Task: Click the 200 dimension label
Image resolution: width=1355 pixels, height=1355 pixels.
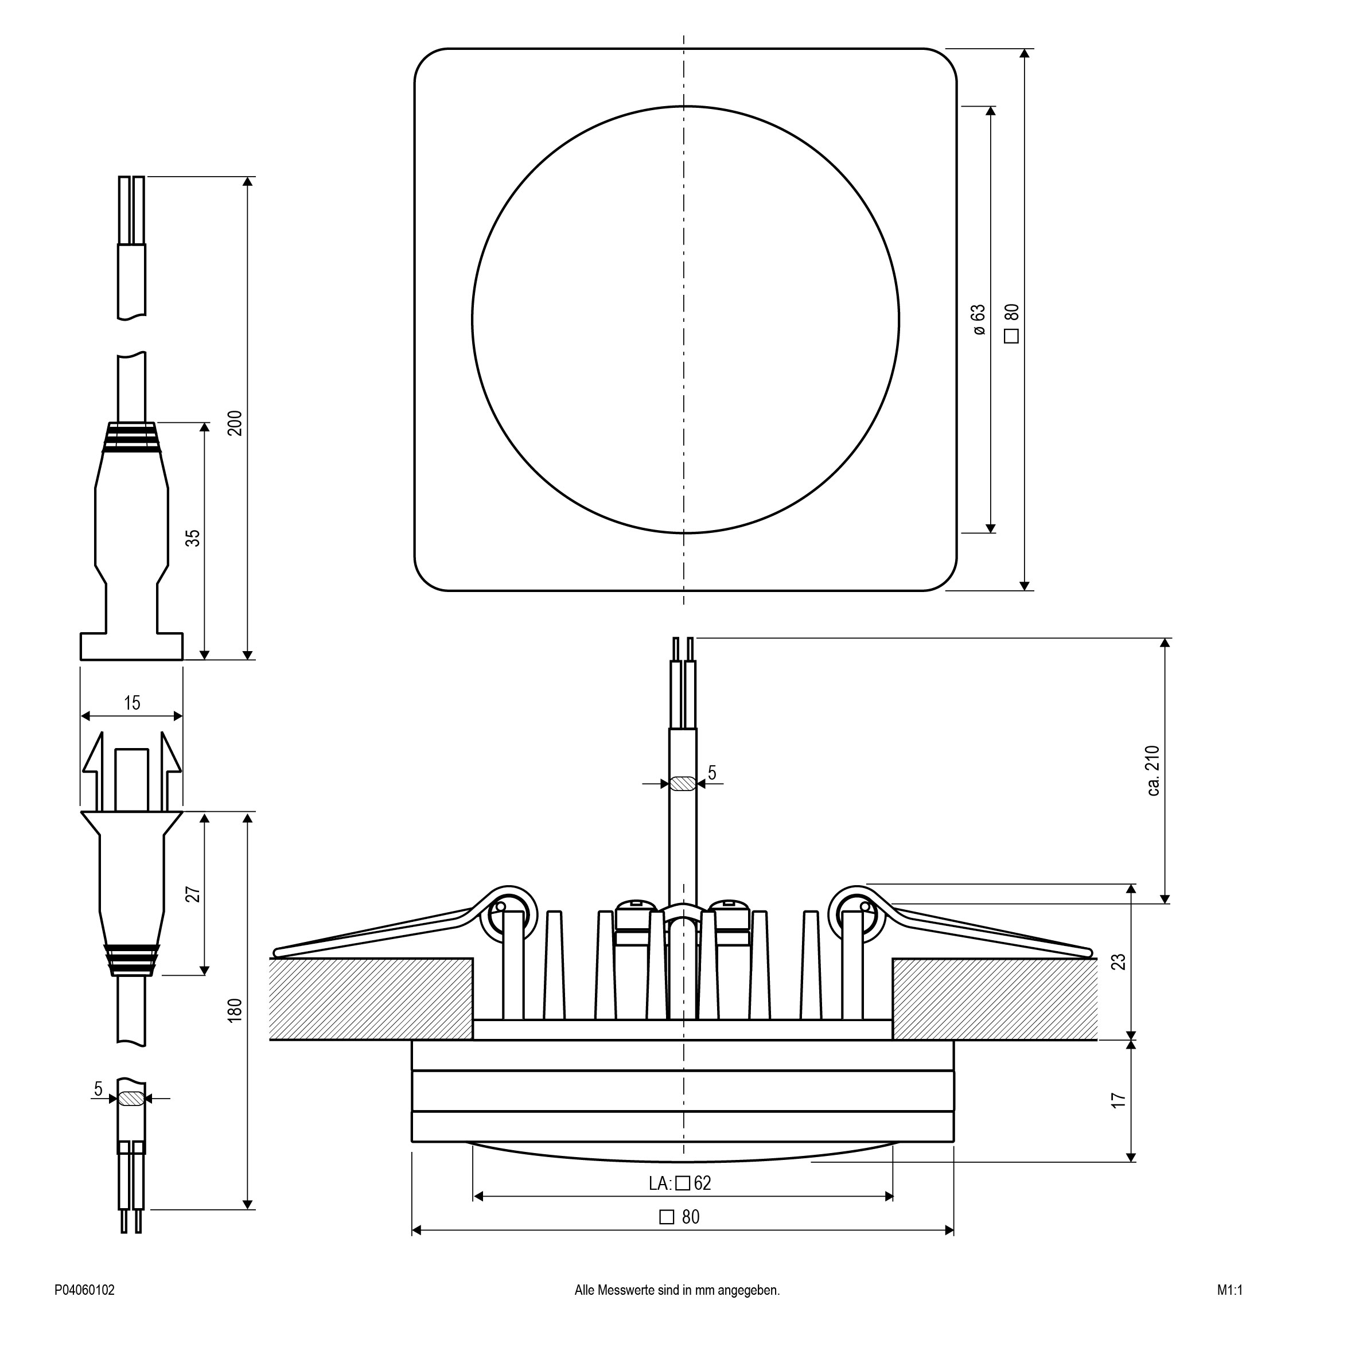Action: coord(235,423)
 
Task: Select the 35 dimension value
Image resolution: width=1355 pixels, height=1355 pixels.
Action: coord(193,537)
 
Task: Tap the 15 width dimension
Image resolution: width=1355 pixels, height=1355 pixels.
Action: coord(132,702)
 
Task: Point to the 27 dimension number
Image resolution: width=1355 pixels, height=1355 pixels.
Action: coord(193,894)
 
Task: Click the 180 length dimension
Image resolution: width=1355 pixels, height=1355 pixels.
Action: coord(235,1009)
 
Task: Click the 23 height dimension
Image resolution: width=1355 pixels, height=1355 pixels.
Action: coord(1119,961)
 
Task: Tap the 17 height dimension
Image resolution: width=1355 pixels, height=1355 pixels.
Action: coord(1119,1099)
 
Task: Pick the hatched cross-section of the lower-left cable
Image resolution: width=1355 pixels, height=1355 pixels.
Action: coord(131,1099)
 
